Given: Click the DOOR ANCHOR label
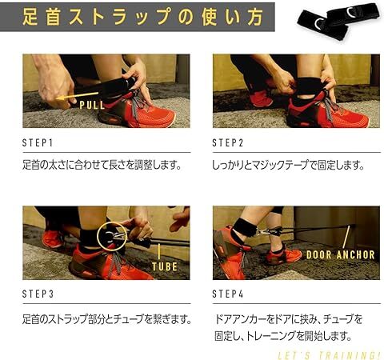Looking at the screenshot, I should [x=341, y=254].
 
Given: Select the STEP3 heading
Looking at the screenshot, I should [x=38, y=295].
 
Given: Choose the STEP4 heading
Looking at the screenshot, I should [x=228, y=295].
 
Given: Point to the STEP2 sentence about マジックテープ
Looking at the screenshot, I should [x=287, y=166].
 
